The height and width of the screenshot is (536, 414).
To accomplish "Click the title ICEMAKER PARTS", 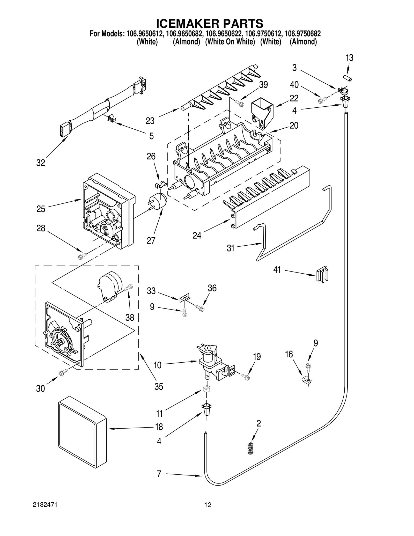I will pyautogui.click(x=210, y=24).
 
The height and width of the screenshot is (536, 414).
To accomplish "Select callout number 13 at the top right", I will pyautogui.click(x=349, y=58).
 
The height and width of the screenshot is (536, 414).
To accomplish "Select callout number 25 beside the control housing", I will pyautogui.click(x=41, y=209).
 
